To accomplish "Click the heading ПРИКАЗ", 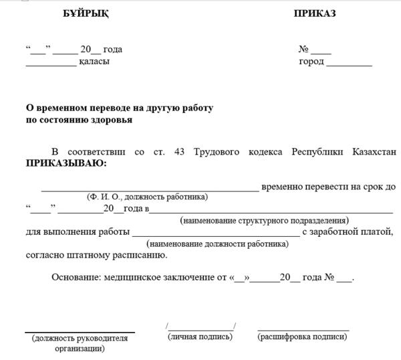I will [x=314, y=14].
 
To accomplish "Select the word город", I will [x=311, y=62].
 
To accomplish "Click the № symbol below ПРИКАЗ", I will [x=303, y=49].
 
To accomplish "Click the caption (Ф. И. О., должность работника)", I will [x=147, y=197].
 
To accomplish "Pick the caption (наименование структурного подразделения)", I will [x=264, y=220].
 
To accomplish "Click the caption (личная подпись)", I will [x=200, y=337].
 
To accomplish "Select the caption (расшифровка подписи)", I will [x=302, y=337].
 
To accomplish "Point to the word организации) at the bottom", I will [x=80, y=348].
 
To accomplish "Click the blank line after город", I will [x=349, y=64].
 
